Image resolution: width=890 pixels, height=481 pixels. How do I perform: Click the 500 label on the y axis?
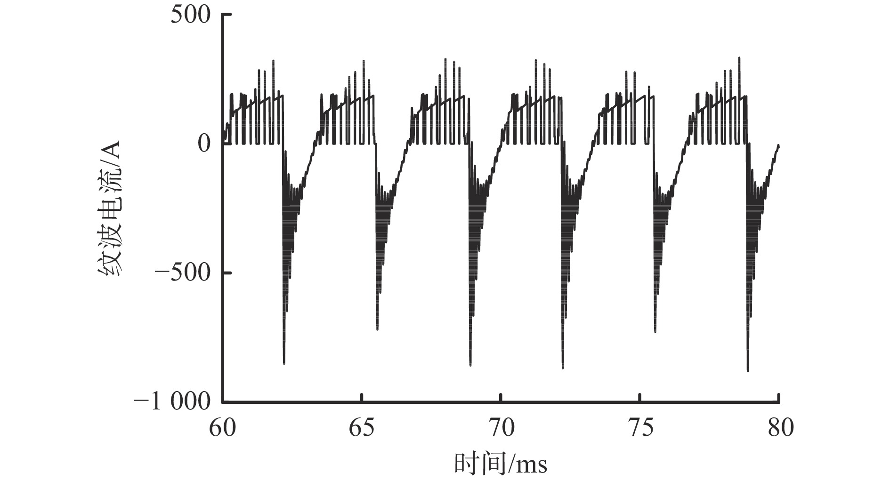coord(191,15)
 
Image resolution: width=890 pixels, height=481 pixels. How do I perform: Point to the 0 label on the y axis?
coord(203,144)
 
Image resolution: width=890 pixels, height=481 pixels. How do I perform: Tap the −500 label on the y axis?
coord(185,273)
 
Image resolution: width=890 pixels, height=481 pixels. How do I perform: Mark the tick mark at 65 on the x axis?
coord(361,398)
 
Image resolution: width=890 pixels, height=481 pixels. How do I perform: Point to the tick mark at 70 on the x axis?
coord(501,398)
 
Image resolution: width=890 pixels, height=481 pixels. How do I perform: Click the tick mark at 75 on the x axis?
coord(640,398)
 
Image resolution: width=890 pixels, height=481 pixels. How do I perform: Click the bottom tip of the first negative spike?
coord(284,363)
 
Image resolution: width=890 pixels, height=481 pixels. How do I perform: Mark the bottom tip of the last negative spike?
coord(748,371)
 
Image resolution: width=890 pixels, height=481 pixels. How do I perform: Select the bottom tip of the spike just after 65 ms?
coord(378,329)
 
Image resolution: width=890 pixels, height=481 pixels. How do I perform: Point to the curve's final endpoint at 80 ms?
coord(778,146)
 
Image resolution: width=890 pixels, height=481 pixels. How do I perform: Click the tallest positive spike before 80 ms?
coord(739,58)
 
